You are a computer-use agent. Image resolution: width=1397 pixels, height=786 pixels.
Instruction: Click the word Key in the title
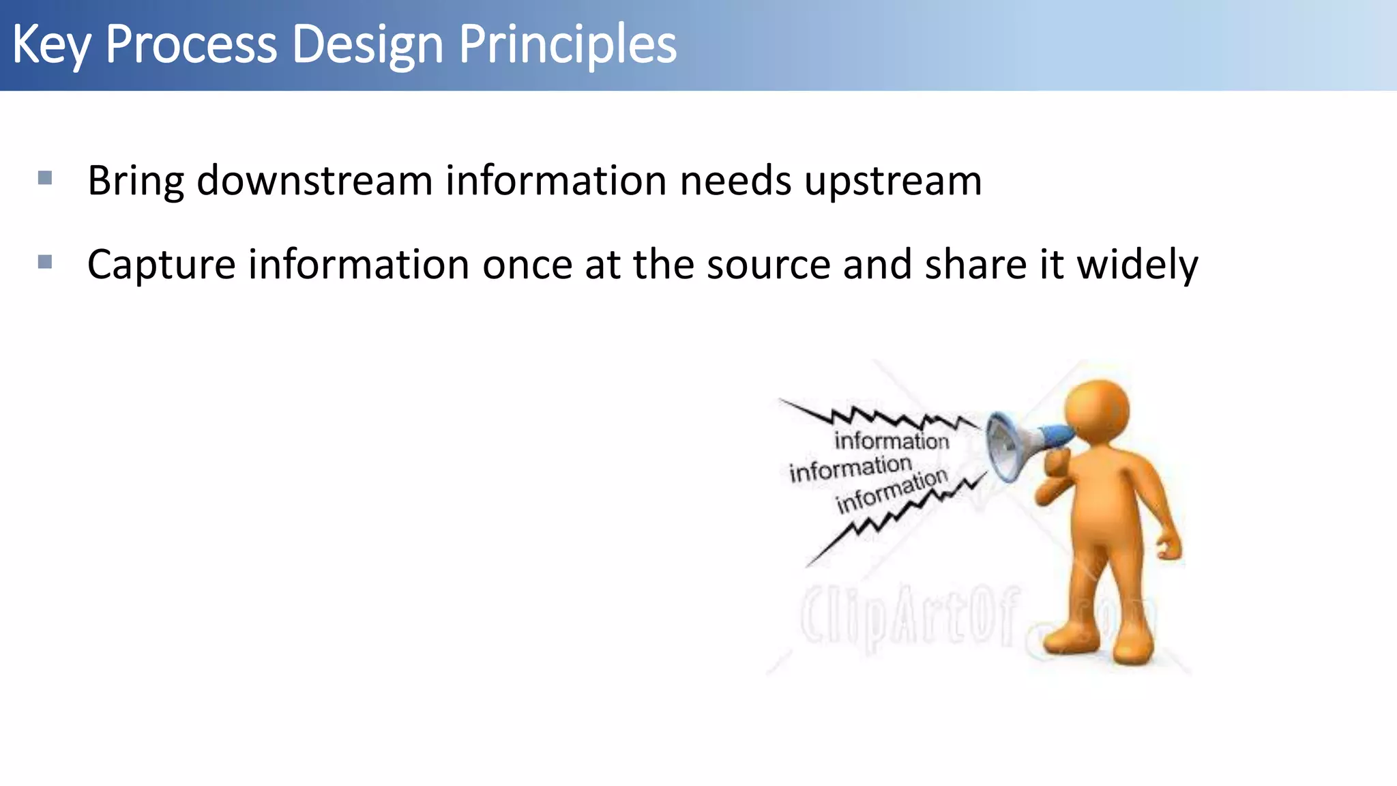click(x=51, y=45)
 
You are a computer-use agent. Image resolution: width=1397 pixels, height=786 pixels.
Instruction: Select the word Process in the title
click(x=191, y=45)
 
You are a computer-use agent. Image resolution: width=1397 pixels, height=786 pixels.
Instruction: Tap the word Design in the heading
click(x=368, y=45)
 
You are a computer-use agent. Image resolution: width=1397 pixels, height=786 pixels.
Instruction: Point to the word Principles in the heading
click(x=567, y=45)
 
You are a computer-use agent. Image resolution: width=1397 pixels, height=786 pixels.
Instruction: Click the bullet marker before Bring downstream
click(x=45, y=179)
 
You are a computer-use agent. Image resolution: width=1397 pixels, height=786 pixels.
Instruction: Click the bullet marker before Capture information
click(x=45, y=262)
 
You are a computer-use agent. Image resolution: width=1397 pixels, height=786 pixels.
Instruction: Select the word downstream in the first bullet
click(x=314, y=181)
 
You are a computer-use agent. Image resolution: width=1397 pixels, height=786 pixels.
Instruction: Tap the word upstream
click(x=893, y=182)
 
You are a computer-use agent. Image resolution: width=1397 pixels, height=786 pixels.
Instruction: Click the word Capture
click(x=161, y=265)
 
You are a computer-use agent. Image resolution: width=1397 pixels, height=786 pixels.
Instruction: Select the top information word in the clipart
click(x=892, y=440)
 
